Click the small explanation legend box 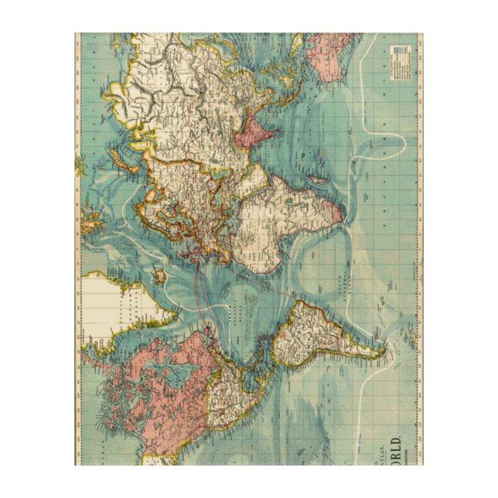click(401, 61)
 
